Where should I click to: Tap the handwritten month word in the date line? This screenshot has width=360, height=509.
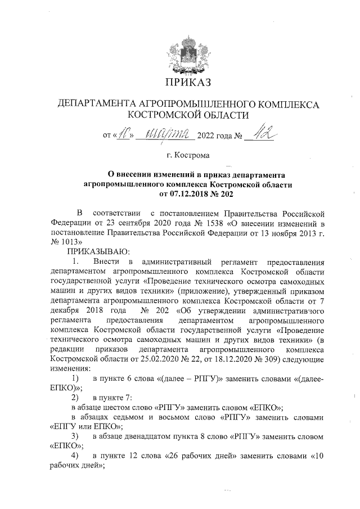click(x=166, y=135)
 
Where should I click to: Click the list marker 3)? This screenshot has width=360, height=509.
click(x=73, y=436)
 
